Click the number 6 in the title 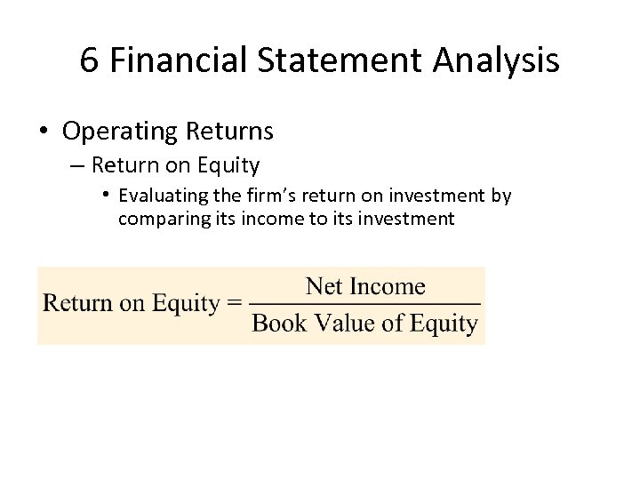[x=89, y=60]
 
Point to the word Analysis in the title [x=498, y=60]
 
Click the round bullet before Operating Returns [x=44, y=132]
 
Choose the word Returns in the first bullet [x=229, y=132]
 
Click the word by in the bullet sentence [x=501, y=196]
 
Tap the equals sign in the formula [x=235, y=304]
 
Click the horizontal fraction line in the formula [x=364, y=305]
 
